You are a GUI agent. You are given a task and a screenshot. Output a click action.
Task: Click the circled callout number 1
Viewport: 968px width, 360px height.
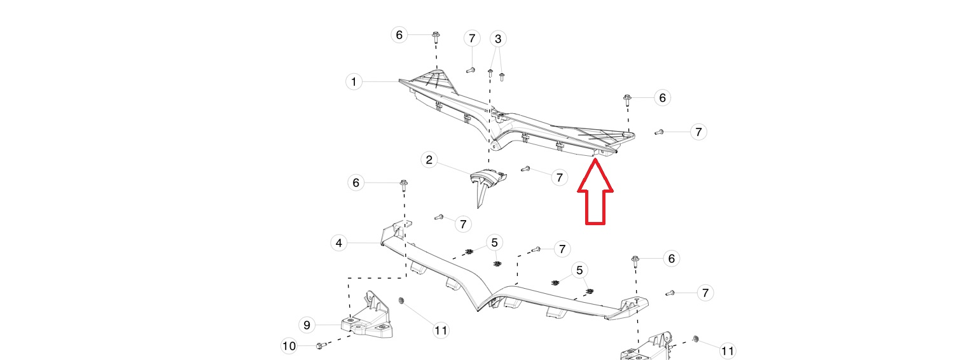coord(354,81)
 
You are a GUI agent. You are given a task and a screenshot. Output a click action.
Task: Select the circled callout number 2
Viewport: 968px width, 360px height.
coord(429,160)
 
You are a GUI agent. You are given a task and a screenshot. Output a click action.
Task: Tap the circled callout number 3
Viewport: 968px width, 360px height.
coord(498,39)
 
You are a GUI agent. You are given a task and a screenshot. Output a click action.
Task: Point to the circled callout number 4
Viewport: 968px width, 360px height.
coord(339,244)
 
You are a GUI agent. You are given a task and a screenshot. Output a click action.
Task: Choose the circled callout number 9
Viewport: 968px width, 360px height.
coord(307,325)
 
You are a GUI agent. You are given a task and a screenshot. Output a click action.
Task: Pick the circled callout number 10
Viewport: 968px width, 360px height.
coord(289,346)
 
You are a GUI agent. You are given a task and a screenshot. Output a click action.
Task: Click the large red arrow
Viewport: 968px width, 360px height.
coord(595,192)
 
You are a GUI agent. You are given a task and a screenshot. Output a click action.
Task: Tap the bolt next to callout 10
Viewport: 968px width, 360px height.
coord(319,346)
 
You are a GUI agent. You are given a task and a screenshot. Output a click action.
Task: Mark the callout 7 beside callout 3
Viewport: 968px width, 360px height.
coord(472,38)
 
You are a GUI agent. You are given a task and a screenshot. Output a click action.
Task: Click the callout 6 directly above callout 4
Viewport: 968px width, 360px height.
coord(356,183)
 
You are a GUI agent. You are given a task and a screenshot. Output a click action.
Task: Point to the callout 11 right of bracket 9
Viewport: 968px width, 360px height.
coord(441,331)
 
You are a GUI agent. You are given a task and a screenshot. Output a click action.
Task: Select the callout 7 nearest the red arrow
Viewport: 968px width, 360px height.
coord(560,177)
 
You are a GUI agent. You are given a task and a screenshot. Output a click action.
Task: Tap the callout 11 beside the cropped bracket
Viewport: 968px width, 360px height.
coord(728,351)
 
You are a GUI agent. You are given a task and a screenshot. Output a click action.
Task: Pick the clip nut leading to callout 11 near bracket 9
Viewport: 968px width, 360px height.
coord(401,300)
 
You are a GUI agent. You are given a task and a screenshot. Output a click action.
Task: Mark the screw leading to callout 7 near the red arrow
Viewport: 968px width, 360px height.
coord(525,169)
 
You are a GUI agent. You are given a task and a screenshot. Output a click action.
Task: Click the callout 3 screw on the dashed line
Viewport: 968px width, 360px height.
coord(490,73)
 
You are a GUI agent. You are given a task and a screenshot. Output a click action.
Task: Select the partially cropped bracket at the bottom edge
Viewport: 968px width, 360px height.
coord(646,348)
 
